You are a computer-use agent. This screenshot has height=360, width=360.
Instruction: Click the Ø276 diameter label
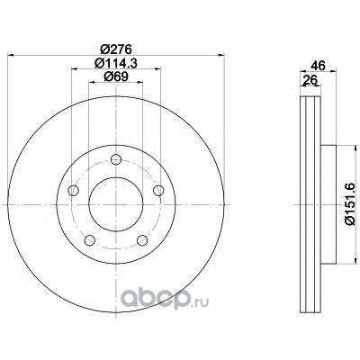pos(116,49)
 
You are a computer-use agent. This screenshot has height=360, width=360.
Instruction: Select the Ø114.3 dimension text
pos(116,63)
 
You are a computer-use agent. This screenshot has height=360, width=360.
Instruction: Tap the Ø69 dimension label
pos(116,76)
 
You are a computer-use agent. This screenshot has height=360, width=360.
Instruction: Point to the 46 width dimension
pos(318,66)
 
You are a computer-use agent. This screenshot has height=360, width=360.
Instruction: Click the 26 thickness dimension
pos(310,80)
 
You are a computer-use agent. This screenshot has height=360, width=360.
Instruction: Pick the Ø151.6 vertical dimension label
pos(350,204)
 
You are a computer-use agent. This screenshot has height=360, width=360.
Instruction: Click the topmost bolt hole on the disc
pos(116,159)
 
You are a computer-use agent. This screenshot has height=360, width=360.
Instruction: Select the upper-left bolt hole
pos(74,190)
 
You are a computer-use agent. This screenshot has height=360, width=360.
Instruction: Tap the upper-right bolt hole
pos(158,190)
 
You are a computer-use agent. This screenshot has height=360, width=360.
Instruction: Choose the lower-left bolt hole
pos(90,240)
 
